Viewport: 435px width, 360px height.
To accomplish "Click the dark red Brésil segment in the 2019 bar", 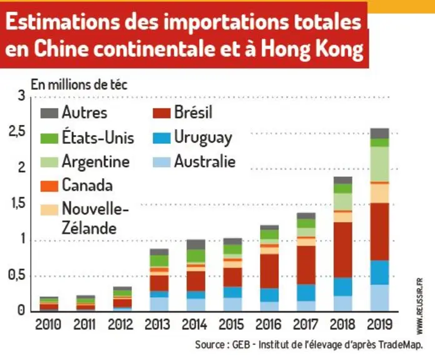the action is (379, 232).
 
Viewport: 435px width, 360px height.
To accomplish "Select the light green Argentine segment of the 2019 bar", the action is (379, 164).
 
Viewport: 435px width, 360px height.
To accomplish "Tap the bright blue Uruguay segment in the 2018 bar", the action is (343, 286).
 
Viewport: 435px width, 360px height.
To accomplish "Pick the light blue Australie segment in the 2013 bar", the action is (159, 304).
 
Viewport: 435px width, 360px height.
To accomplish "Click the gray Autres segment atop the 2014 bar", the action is (196, 244).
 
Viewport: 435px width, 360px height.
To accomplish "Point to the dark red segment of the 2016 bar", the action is (269, 271).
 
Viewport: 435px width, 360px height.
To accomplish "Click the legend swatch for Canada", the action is (49, 186).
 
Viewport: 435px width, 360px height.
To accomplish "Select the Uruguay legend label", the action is (203, 138).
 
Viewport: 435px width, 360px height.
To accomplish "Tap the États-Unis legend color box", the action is (49, 138).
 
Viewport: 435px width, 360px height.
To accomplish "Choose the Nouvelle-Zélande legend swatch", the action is (49, 210).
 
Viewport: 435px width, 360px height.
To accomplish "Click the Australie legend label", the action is (205, 161).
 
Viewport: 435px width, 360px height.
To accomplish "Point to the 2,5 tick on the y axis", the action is (17, 132).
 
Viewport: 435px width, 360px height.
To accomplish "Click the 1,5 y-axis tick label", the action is (17, 204).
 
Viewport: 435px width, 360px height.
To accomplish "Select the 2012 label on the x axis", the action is (121, 324).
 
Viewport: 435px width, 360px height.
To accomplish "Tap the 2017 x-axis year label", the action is (306, 324).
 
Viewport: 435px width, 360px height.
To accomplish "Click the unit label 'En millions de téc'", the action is (79, 84).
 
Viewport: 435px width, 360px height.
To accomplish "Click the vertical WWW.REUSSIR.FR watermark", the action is (419, 306).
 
